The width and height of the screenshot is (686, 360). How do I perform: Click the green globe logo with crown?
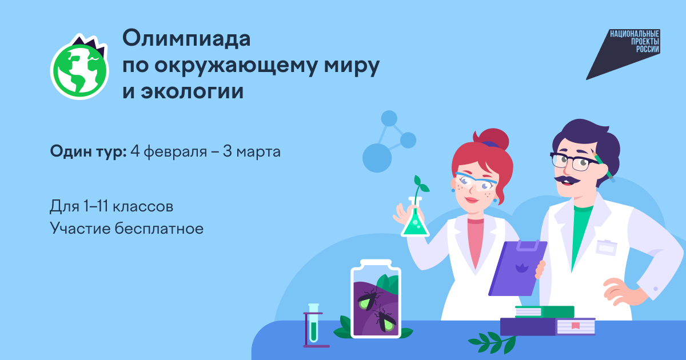79,67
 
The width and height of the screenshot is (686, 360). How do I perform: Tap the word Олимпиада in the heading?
186,39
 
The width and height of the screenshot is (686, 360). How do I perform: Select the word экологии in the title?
192,91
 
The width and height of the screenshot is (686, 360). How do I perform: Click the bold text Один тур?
88,151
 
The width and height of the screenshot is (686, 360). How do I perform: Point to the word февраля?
175,151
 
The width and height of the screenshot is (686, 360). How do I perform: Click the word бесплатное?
159,229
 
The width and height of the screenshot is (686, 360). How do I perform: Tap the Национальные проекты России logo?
623,54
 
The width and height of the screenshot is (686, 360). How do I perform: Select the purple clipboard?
517,269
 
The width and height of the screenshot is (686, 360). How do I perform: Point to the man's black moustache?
567,179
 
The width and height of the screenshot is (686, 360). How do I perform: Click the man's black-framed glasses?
573,161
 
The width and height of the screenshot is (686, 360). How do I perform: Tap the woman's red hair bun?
492,139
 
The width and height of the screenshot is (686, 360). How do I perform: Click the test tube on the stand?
313,323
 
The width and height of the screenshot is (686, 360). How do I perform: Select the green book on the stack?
544,312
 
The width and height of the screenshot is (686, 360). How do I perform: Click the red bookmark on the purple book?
576,326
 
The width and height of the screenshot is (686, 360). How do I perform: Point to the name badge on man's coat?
607,247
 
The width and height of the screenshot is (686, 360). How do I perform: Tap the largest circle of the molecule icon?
377,158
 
